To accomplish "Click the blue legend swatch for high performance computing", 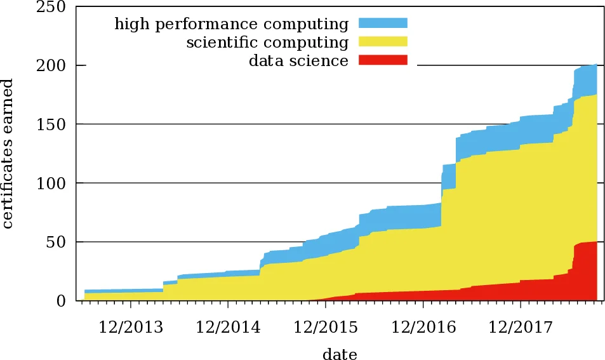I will point(382,23).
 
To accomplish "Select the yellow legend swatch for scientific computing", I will point(382,42).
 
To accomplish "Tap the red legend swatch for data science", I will point(382,60).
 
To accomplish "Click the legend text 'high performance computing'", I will point(231,24).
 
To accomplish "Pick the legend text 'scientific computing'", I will point(267,43).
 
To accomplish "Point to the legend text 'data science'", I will point(298,61).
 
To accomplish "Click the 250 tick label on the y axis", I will point(53,7).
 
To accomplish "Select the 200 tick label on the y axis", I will point(53,65).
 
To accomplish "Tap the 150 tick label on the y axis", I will point(53,124).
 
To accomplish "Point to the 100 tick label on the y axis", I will point(53,183).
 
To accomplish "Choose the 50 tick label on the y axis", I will point(58,242).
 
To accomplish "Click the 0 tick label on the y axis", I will point(62,301).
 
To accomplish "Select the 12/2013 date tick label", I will point(130,327).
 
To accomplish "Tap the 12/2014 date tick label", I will point(228,327).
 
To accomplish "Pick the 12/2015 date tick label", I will point(326,327).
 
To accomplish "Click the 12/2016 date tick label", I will point(423,327).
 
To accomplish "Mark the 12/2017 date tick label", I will point(521,327).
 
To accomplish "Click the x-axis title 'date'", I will point(340,354).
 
